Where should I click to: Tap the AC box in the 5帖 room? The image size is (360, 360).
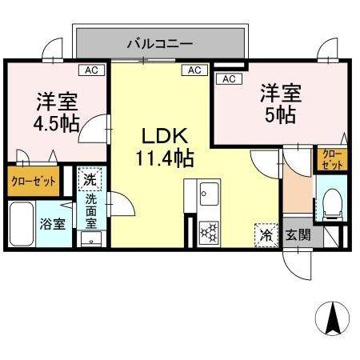point(227,78)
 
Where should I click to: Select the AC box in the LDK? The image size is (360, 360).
point(194,70)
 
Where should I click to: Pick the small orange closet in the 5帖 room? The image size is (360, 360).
point(330,158)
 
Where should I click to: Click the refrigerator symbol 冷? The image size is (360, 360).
point(264,234)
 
